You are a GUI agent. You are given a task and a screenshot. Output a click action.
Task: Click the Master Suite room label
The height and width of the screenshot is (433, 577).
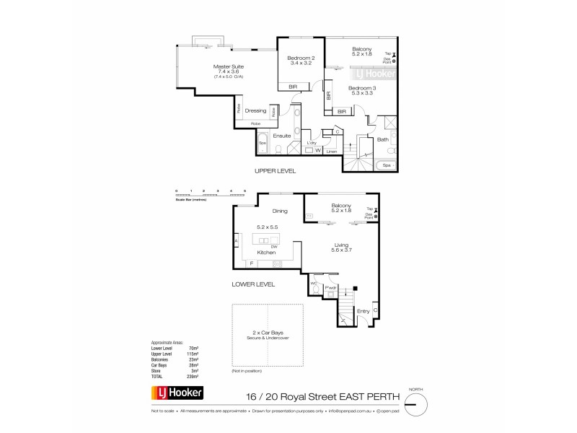pos(225,66)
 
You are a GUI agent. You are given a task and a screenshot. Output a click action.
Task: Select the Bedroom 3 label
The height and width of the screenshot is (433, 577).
pos(358,88)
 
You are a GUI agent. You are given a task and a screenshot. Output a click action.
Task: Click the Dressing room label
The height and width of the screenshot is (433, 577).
pos(255,110)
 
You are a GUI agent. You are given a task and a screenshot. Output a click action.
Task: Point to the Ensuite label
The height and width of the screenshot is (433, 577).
pos(282,136)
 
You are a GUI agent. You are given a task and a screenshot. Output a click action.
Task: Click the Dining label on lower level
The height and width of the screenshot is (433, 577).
pos(280,211)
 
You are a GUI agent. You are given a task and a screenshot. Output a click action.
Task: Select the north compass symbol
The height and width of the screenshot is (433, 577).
pos(413,403)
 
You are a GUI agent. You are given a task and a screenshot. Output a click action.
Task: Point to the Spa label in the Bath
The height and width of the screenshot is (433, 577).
pos(387,165)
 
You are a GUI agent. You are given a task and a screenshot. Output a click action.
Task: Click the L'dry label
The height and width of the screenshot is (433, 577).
pos(312,143)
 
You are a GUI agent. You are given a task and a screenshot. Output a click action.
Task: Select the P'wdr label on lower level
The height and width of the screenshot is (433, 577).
pos(332,289)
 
